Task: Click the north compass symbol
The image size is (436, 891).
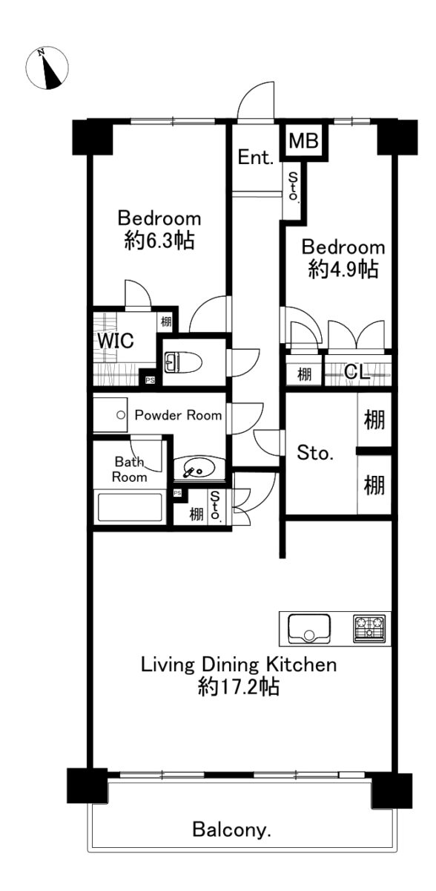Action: [47, 68]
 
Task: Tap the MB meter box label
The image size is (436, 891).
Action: [303, 141]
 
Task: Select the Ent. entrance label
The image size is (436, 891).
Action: [256, 157]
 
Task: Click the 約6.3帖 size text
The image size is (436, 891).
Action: [159, 241]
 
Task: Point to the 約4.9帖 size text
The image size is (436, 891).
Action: [343, 270]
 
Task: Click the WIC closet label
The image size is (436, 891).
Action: [116, 341]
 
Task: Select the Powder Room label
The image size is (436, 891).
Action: [178, 415]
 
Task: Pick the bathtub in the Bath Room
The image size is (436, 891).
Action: [129, 509]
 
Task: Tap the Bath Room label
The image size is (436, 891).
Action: [129, 469]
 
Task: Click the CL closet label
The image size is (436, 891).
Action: [357, 372]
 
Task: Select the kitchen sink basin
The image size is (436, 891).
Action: [309, 628]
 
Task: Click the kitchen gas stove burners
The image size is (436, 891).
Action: [369, 628]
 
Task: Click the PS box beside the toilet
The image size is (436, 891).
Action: [150, 380]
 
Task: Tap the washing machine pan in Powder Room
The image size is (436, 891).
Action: [110, 415]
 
